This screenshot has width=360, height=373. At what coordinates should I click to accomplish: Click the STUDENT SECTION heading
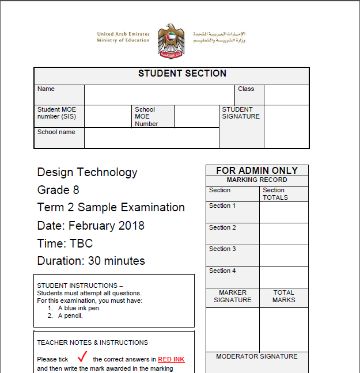[x=182, y=74]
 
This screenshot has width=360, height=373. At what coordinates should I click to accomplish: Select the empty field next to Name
[x=159, y=95]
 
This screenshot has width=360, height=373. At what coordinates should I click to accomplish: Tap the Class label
[x=246, y=89]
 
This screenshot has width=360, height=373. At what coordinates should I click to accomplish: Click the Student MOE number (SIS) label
[x=56, y=113]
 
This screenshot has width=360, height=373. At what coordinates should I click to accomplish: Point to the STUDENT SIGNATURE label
[x=241, y=113]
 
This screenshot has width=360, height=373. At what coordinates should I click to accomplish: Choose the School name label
[x=56, y=132]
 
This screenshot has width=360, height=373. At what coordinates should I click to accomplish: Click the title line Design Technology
[x=87, y=172]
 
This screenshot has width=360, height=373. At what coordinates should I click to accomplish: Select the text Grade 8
[x=58, y=190]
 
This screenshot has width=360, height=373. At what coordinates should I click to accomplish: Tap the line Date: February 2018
[x=90, y=225]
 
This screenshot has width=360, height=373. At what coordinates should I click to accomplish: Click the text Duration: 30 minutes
[x=91, y=261]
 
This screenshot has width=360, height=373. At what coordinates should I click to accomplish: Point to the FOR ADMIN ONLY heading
[x=257, y=170]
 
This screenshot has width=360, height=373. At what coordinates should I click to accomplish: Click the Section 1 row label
[x=222, y=206]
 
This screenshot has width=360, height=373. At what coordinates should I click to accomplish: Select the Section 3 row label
[x=222, y=249]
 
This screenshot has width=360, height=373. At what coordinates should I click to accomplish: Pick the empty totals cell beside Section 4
[x=283, y=277]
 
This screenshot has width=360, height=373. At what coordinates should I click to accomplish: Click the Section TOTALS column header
[x=275, y=194]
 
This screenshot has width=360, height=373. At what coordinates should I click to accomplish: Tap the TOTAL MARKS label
[x=283, y=296]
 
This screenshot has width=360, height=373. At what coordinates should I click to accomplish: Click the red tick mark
[x=81, y=357]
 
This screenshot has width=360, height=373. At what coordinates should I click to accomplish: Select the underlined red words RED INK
[x=171, y=360]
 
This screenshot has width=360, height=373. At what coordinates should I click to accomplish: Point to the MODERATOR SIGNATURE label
[x=257, y=357]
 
